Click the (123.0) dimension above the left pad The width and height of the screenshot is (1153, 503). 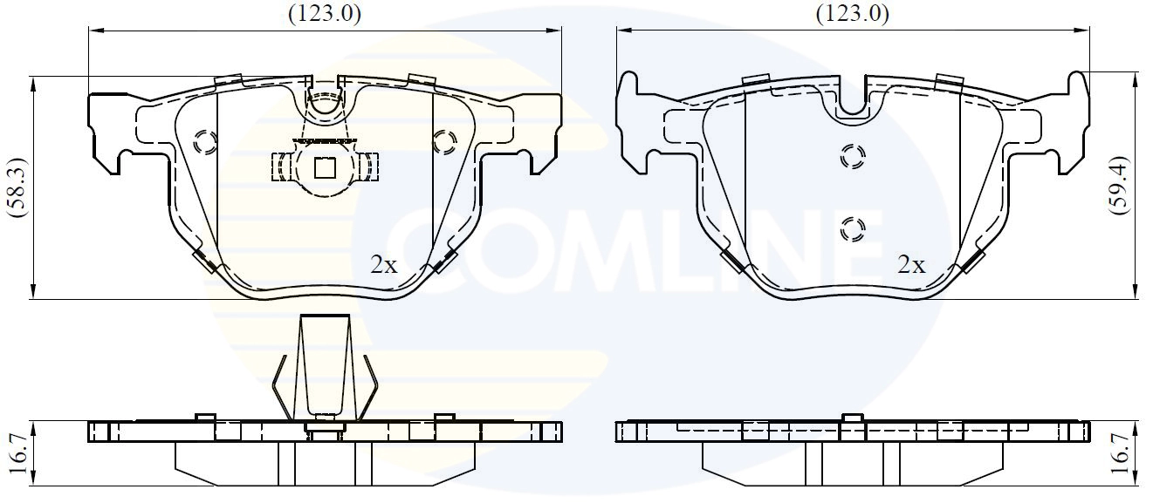pyautogui.click(x=324, y=13)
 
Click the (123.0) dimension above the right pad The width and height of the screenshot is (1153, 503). pyautogui.click(x=852, y=13)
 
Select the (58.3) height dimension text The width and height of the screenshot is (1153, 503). pyautogui.click(x=14, y=187)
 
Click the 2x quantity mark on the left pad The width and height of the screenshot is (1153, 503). pyautogui.click(x=384, y=265)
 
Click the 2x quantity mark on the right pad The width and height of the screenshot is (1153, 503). pyautogui.click(x=911, y=265)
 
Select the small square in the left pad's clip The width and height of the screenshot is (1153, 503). pyautogui.click(x=325, y=166)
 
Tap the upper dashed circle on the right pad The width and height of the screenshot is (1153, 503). pyautogui.click(x=852, y=157)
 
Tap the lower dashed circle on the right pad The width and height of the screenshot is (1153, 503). pyautogui.click(x=852, y=228)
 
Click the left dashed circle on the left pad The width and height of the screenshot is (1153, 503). pyautogui.click(x=207, y=141)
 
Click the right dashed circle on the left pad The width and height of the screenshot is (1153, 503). pyautogui.click(x=443, y=140)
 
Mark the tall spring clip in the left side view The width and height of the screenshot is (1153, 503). pyautogui.click(x=325, y=366)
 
